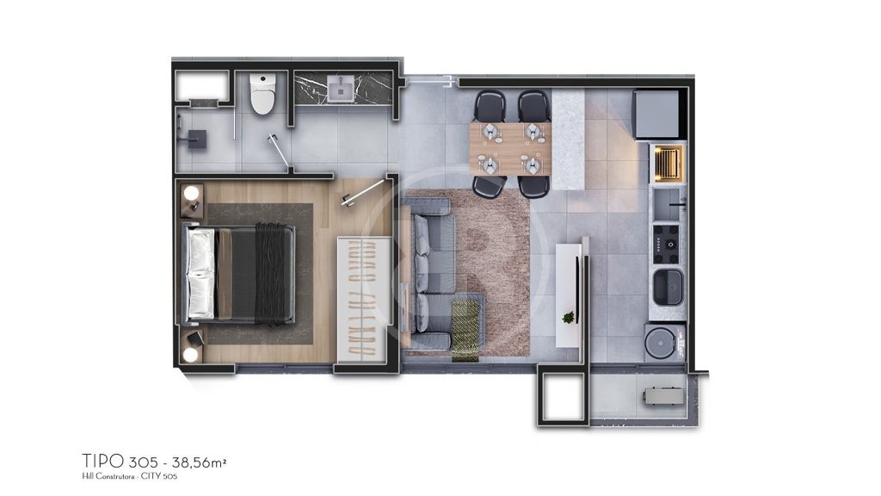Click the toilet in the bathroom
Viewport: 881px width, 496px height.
(262, 93)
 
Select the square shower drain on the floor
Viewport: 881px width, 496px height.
(197, 139)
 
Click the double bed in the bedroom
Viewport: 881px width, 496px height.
(239, 273)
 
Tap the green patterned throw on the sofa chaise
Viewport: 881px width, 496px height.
(465, 330)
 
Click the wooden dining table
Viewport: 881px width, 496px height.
(511, 149)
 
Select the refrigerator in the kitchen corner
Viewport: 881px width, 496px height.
(658, 115)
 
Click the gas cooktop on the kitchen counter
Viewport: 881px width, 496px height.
(667, 244)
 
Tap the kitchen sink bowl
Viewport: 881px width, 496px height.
(668, 286)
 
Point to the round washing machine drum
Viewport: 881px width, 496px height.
(660, 341)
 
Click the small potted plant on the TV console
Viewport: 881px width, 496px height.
(569, 318)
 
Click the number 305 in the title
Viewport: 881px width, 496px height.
(143, 462)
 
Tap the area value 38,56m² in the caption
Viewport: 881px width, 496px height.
(200, 462)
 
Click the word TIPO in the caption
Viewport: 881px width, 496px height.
(103, 462)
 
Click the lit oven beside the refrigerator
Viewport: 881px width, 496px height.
(668, 164)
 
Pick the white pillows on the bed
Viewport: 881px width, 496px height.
(200, 273)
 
